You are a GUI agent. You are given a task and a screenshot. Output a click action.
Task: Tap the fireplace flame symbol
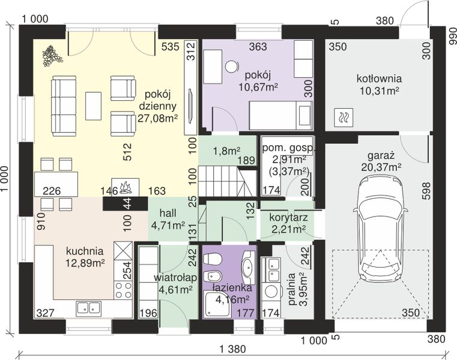click(x=126, y=188)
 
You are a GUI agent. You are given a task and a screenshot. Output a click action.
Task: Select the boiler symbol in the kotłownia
click(x=344, y=118)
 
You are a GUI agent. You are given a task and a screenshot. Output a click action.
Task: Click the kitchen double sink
click(x=89, y=308)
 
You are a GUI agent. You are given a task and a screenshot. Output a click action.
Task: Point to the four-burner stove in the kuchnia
click(x=123, y=290)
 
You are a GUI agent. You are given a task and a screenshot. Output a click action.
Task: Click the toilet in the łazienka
click(x=212, y=259)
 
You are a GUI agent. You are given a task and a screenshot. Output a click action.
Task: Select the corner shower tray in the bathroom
click(x=218, y=304)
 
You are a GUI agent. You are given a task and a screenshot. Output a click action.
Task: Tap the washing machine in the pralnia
click(x=271, y=292)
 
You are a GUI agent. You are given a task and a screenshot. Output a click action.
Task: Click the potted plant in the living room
click(x=52, y=55)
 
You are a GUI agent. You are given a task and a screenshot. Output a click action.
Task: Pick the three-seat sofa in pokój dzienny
click(x=64, y=106)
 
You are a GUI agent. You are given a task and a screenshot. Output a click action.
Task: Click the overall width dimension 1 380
click(x=233, y=349)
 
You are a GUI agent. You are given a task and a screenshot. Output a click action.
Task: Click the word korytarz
click(x=288, y=218)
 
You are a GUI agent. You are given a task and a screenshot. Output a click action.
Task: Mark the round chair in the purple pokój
click(x=232, y=66)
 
